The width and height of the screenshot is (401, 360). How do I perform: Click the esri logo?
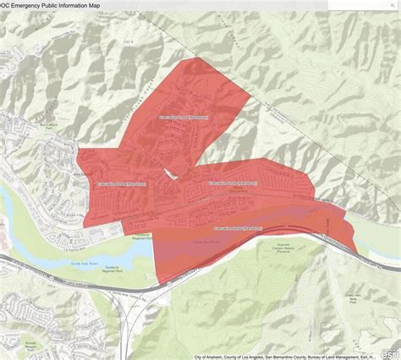[391, 353]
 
